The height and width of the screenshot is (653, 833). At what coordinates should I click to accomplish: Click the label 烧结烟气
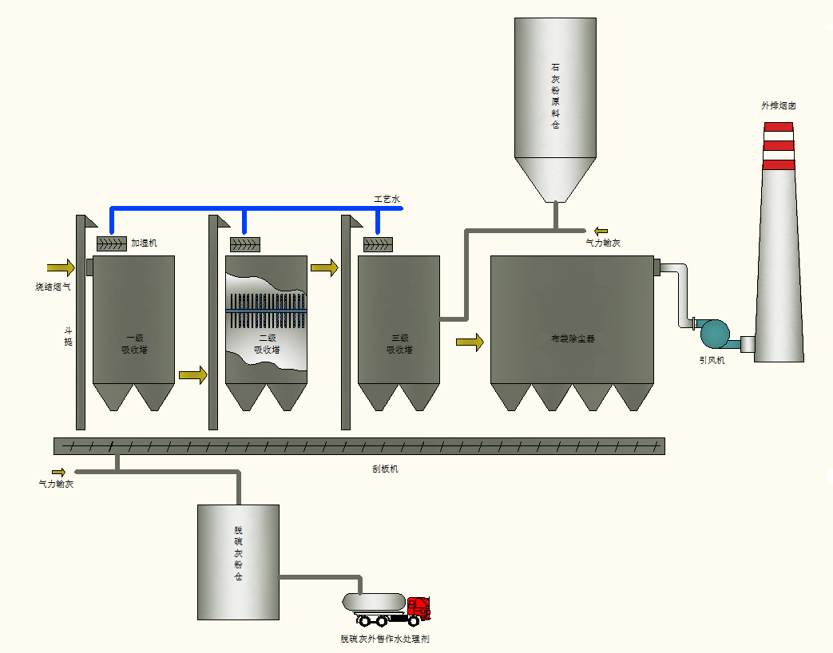52,286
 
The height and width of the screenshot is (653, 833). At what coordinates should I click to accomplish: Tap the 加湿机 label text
144,243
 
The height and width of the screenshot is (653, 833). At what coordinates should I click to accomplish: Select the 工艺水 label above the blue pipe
387,198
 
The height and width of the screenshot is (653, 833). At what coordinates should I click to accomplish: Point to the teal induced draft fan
714,333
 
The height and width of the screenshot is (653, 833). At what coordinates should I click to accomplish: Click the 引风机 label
712,360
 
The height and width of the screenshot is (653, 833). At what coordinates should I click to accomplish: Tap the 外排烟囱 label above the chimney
778,105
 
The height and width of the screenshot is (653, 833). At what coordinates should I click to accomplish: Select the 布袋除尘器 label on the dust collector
572,338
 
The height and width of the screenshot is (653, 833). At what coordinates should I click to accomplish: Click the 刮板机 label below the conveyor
385,469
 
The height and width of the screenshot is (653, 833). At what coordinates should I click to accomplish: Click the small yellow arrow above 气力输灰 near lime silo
601,232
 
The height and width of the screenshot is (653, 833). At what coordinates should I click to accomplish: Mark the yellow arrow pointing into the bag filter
470,342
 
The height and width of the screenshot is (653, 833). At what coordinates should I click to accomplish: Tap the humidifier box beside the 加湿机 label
111,243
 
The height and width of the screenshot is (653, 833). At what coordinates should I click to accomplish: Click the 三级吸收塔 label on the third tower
399,343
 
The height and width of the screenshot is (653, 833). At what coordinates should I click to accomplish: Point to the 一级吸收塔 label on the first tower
134,343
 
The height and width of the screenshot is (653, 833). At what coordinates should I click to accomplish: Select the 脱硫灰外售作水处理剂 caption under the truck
386,639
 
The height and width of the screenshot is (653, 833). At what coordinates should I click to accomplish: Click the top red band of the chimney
778,127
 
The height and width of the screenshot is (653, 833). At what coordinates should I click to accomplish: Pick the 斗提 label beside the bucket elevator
69,335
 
